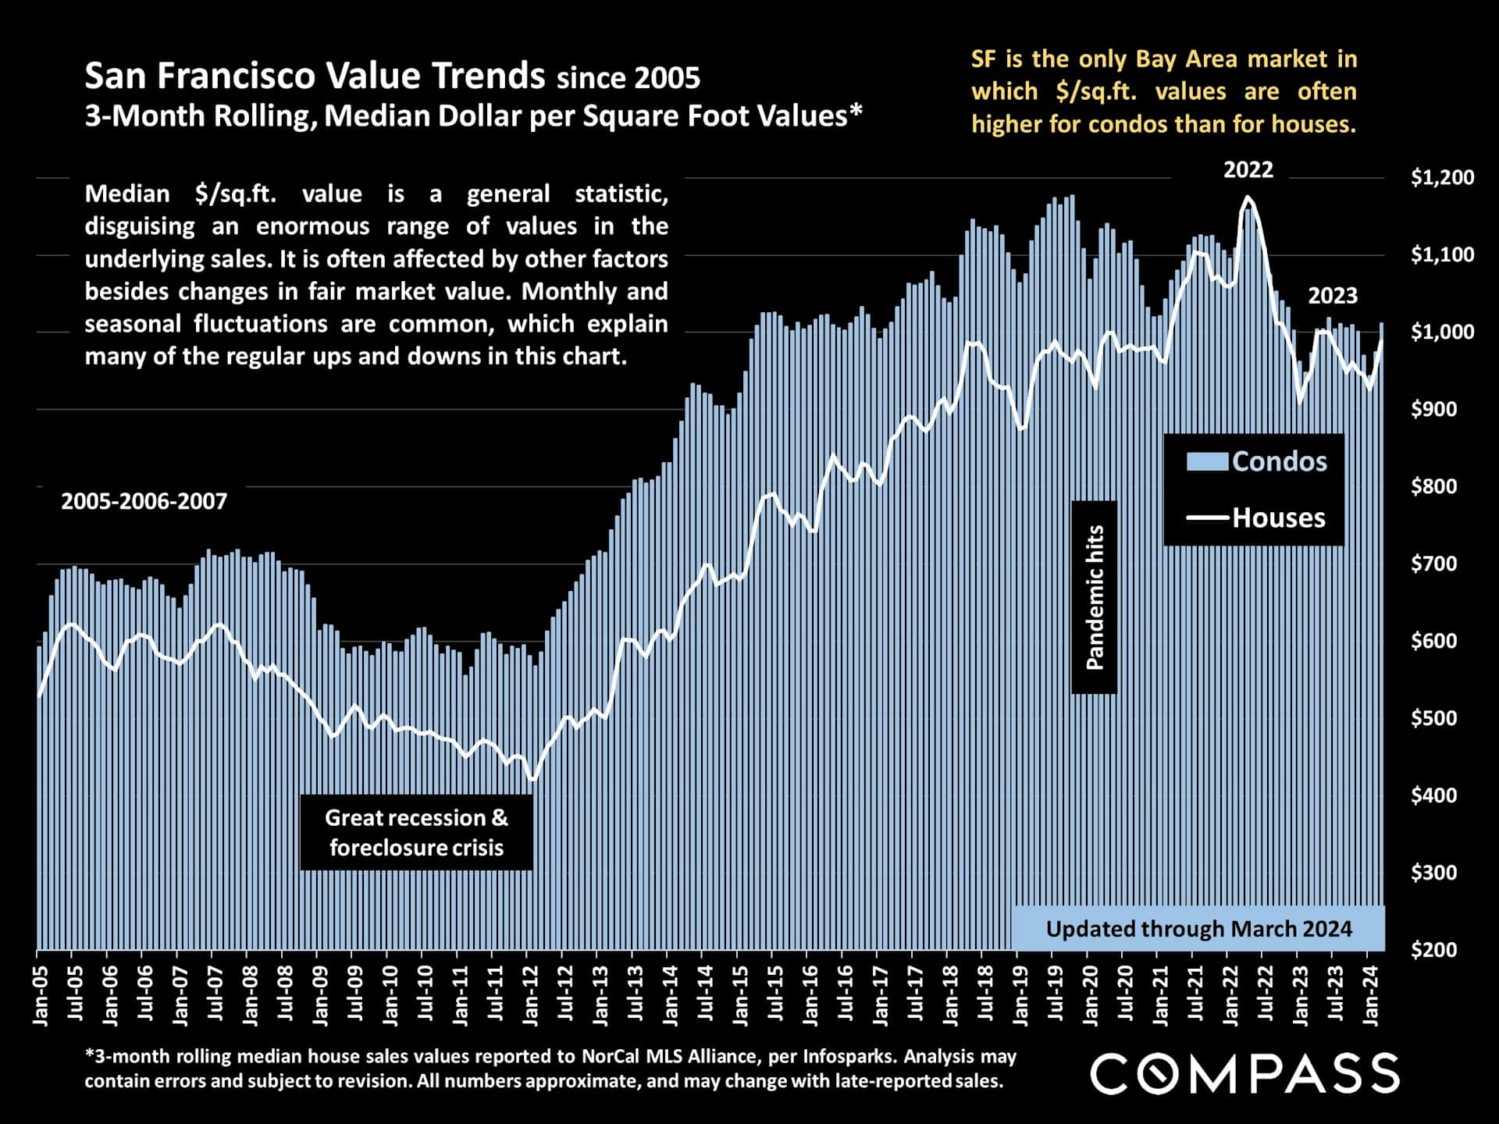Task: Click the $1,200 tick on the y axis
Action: pyautogui.click(x=1442, y=178)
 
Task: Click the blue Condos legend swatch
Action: pyautogui.click(x=1207, y=461)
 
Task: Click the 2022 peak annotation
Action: pyautogui.click(x=1248, y=170)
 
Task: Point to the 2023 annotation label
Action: pyautogui.click(x=1333, y=297)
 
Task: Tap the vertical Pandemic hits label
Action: pyautogui.click(x=1095, y=597)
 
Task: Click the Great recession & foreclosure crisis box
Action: pyautogui.click(x=416, y=832)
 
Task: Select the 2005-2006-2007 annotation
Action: pyautogui.click(x=144, y=501)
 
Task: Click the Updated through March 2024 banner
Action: pyautogui.click(x=1198, y=929)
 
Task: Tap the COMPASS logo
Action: pyautogui.click(x=1244, y=1073)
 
